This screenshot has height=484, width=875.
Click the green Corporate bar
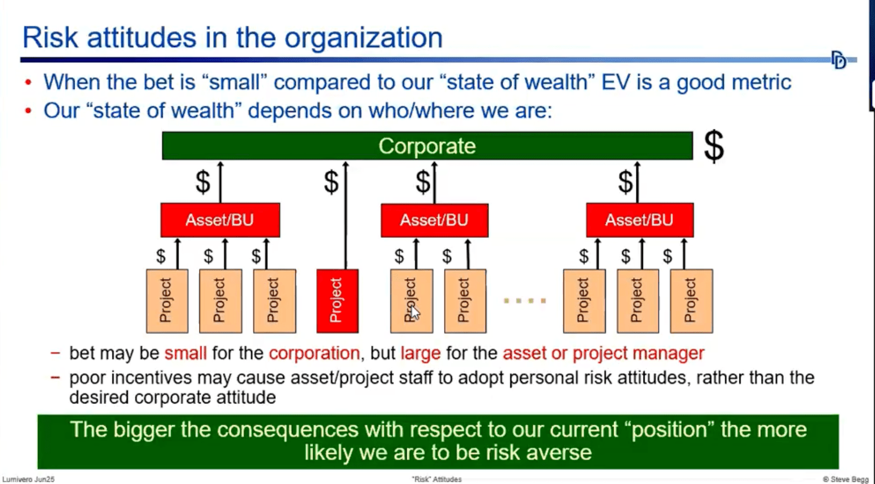[427, 146]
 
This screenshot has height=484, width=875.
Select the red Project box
[337, 300]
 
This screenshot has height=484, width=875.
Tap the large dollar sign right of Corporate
[713, 146]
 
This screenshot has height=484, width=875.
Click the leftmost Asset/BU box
[220, 220]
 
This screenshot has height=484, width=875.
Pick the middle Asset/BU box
[434, 220]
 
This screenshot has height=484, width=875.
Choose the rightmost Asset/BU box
[639, 220]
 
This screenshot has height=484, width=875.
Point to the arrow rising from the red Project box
[346, 213]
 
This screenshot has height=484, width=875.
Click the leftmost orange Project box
[167, 300]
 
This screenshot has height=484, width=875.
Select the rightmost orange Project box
[691, 300]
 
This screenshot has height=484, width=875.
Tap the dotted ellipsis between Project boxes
[525, 301]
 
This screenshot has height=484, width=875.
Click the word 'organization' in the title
[363, 38]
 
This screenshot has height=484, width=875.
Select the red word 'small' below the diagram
[185, 353]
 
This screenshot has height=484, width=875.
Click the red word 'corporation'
[314, 353]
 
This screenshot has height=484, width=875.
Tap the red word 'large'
[420, 353]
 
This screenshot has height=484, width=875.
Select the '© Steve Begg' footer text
[845, 479]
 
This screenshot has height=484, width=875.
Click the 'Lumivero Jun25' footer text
[28, 479]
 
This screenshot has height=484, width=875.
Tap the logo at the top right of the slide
[838, 60]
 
